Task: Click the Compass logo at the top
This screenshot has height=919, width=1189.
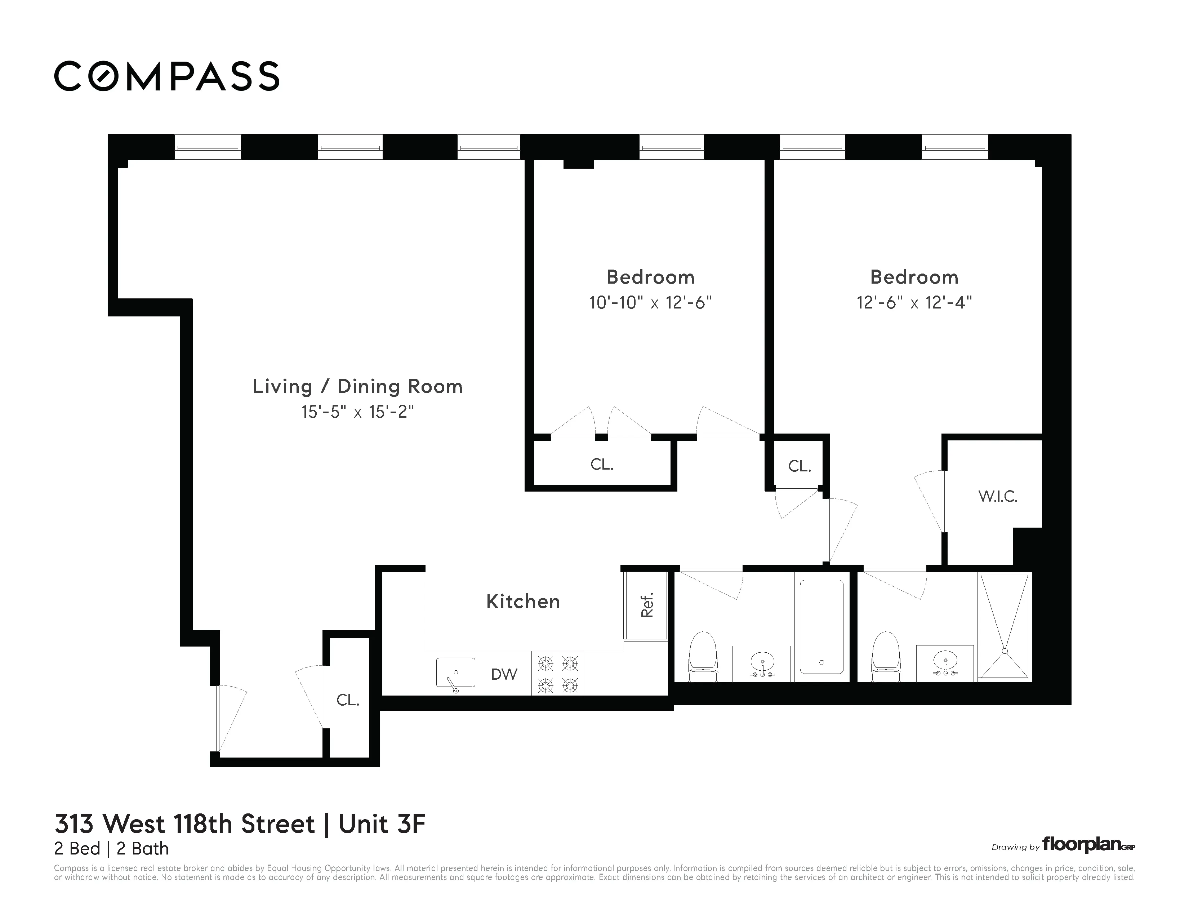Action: pos(166,76)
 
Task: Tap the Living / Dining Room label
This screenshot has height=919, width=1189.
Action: pos(358,387)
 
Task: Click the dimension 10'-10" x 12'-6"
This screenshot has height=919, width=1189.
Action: pos(651,303)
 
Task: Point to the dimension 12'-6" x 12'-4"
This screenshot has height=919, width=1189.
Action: pos(914,303)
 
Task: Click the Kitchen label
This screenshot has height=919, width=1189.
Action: pos(523,601)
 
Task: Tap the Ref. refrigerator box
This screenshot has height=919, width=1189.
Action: pos(646,605)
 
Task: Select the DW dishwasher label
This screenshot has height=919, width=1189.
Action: pos(504,675)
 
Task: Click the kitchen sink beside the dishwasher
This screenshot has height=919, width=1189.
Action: pos(456,673)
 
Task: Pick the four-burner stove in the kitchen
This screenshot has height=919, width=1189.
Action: pos(558,674)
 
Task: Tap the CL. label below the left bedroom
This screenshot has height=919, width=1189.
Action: pos(602,465)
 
